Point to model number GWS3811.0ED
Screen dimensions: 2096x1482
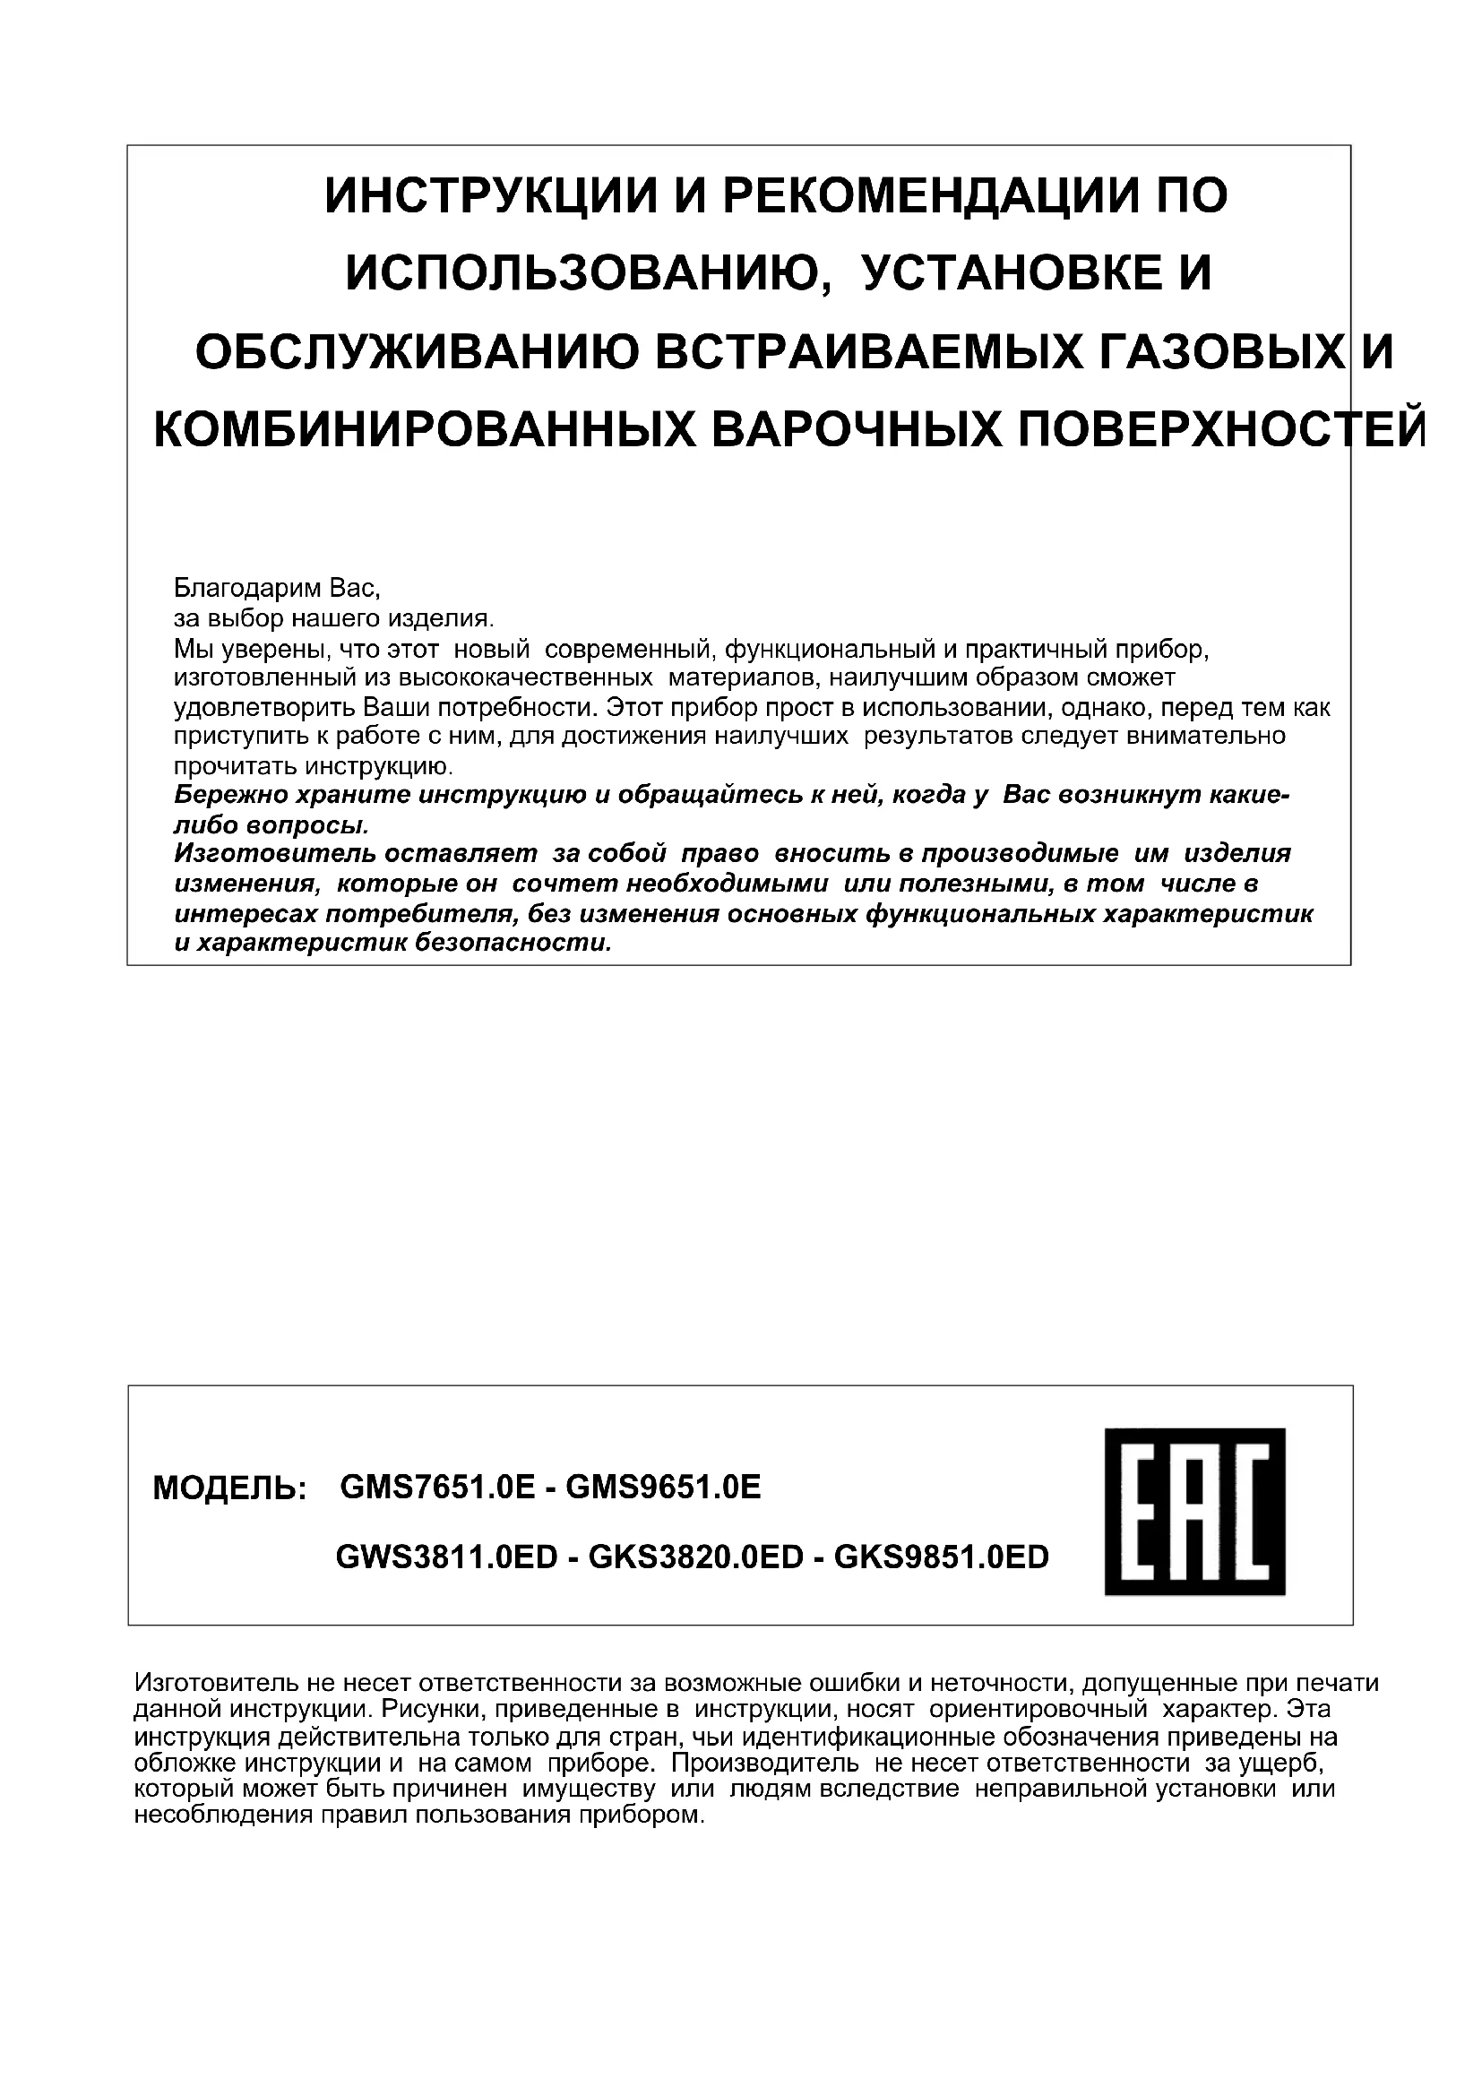tap(446, 1557)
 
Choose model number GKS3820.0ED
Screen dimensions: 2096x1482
tap(695, 1557)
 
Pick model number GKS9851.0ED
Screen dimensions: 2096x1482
tap(942, 1557)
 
